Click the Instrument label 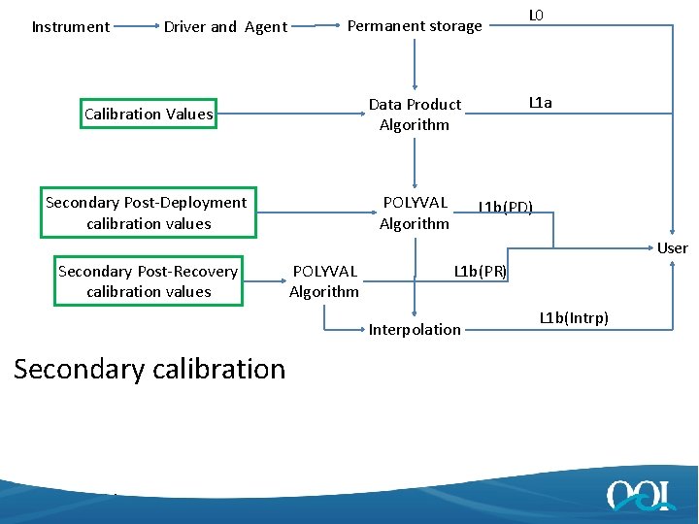71,27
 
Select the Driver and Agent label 225,27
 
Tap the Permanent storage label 415,26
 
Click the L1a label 540,102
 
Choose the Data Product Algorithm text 415,115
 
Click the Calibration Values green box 149,114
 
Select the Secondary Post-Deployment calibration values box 148,213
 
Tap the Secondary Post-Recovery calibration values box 149,281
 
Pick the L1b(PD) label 505,207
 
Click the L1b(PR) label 481,271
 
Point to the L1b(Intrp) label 574,317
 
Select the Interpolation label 415,330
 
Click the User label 672,248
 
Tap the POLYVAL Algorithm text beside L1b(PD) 415,213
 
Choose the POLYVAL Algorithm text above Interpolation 324,281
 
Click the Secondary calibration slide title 150,369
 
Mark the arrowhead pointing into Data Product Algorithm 415,87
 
